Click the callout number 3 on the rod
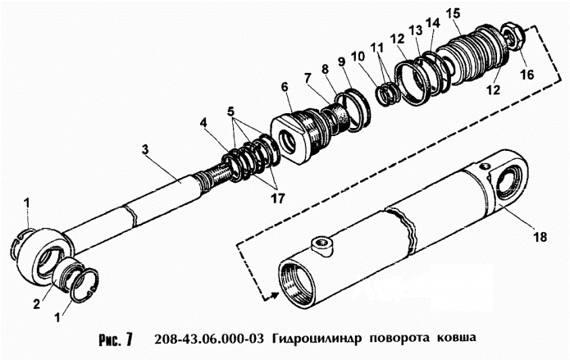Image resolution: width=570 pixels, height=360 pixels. tap(144, 149)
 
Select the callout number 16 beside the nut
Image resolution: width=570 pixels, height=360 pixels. tap(527, 74)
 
